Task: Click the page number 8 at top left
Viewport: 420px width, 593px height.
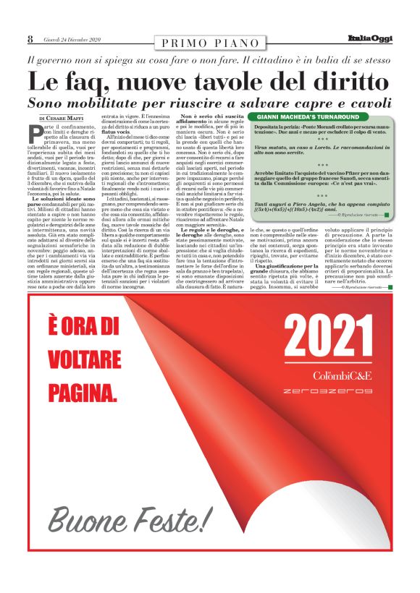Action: pos(30,38)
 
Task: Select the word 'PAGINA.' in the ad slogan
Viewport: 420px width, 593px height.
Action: pos(82,395)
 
